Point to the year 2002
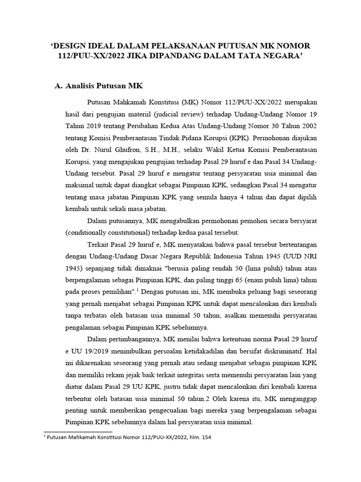coord(307,127)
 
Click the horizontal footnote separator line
coord(78,431)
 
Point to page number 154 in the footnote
coord(205,437)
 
